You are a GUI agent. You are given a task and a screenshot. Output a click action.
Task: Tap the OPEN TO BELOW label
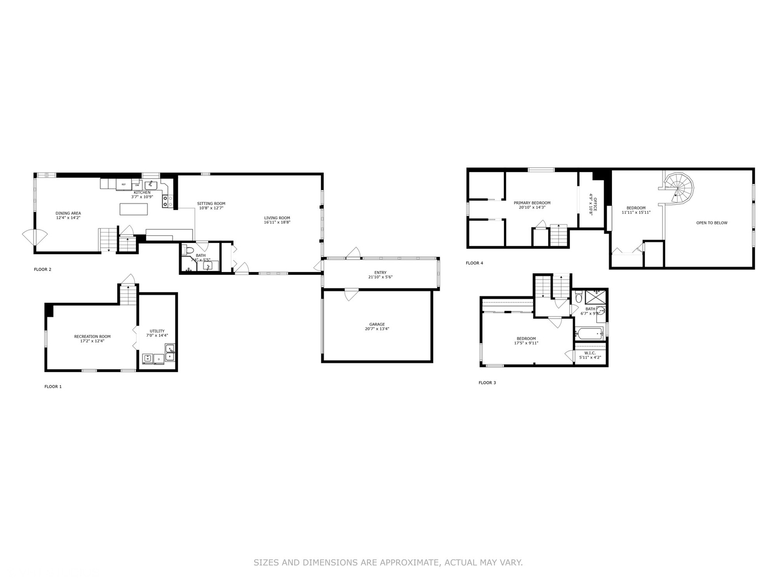tap(711, 223)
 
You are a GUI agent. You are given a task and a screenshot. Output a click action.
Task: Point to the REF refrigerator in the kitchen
tap(124, 185)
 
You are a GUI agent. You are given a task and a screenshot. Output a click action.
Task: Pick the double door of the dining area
tap(34, 236)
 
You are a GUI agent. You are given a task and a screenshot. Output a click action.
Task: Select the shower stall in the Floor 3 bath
tap(596, 297)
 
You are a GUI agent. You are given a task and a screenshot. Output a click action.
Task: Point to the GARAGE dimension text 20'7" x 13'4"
tap(377, 329)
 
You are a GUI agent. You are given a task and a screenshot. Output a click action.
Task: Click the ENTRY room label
tap(380, 273)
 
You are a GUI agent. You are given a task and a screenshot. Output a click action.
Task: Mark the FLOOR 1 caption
tap(53, 387)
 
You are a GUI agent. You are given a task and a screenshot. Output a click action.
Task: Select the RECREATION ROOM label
tap(92, 336)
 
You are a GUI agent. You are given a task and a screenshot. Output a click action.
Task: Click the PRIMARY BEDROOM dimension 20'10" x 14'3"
tap(532, 207)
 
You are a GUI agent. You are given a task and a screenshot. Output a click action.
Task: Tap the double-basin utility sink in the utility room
tap(170, 352)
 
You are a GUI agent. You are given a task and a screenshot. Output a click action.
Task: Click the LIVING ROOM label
tap(277, 218)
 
